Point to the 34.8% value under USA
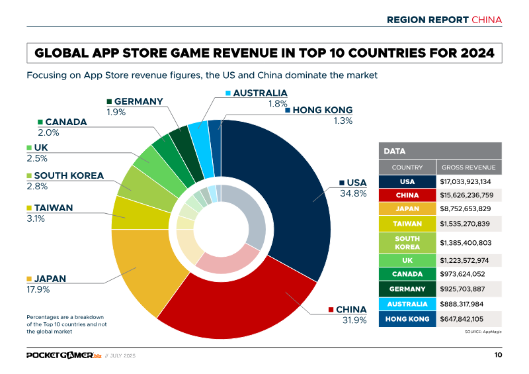[x=353, y=193]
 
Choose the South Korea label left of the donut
[x=68, y=175]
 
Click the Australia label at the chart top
[x=260, y=93]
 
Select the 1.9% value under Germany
[x=116, y=112]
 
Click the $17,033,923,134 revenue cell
[x=469, y=181]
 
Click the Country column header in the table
[x=407, y=167]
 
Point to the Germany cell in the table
[x=407, y=289]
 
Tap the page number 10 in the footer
[x=497, y=355]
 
